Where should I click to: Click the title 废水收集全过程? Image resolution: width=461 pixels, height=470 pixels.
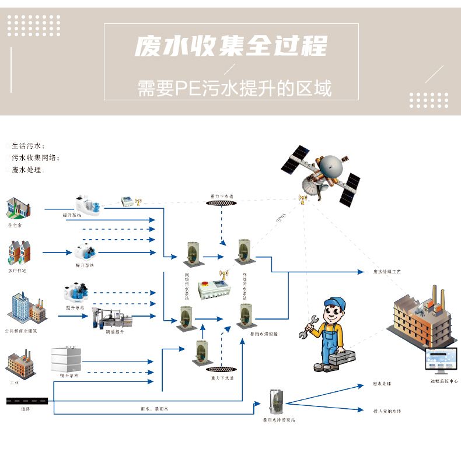(231, 47)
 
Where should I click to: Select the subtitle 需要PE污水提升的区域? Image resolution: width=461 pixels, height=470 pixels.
(234, 89)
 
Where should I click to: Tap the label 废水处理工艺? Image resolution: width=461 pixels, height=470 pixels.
(387, 272)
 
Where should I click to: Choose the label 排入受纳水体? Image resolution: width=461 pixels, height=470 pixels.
(387, 411)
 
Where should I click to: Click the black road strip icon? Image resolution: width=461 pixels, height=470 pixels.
(27, 401)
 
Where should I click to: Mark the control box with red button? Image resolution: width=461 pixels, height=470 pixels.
(211, 289)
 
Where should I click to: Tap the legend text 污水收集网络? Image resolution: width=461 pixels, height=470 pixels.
(35, 157)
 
